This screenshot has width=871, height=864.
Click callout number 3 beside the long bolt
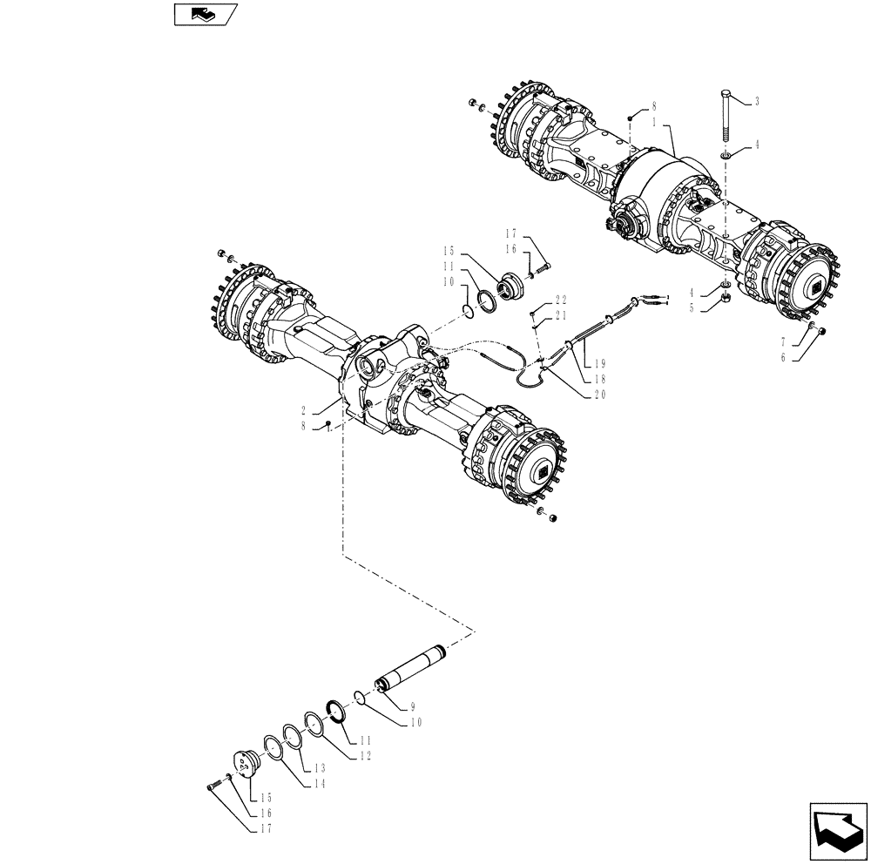tap(756, 102)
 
